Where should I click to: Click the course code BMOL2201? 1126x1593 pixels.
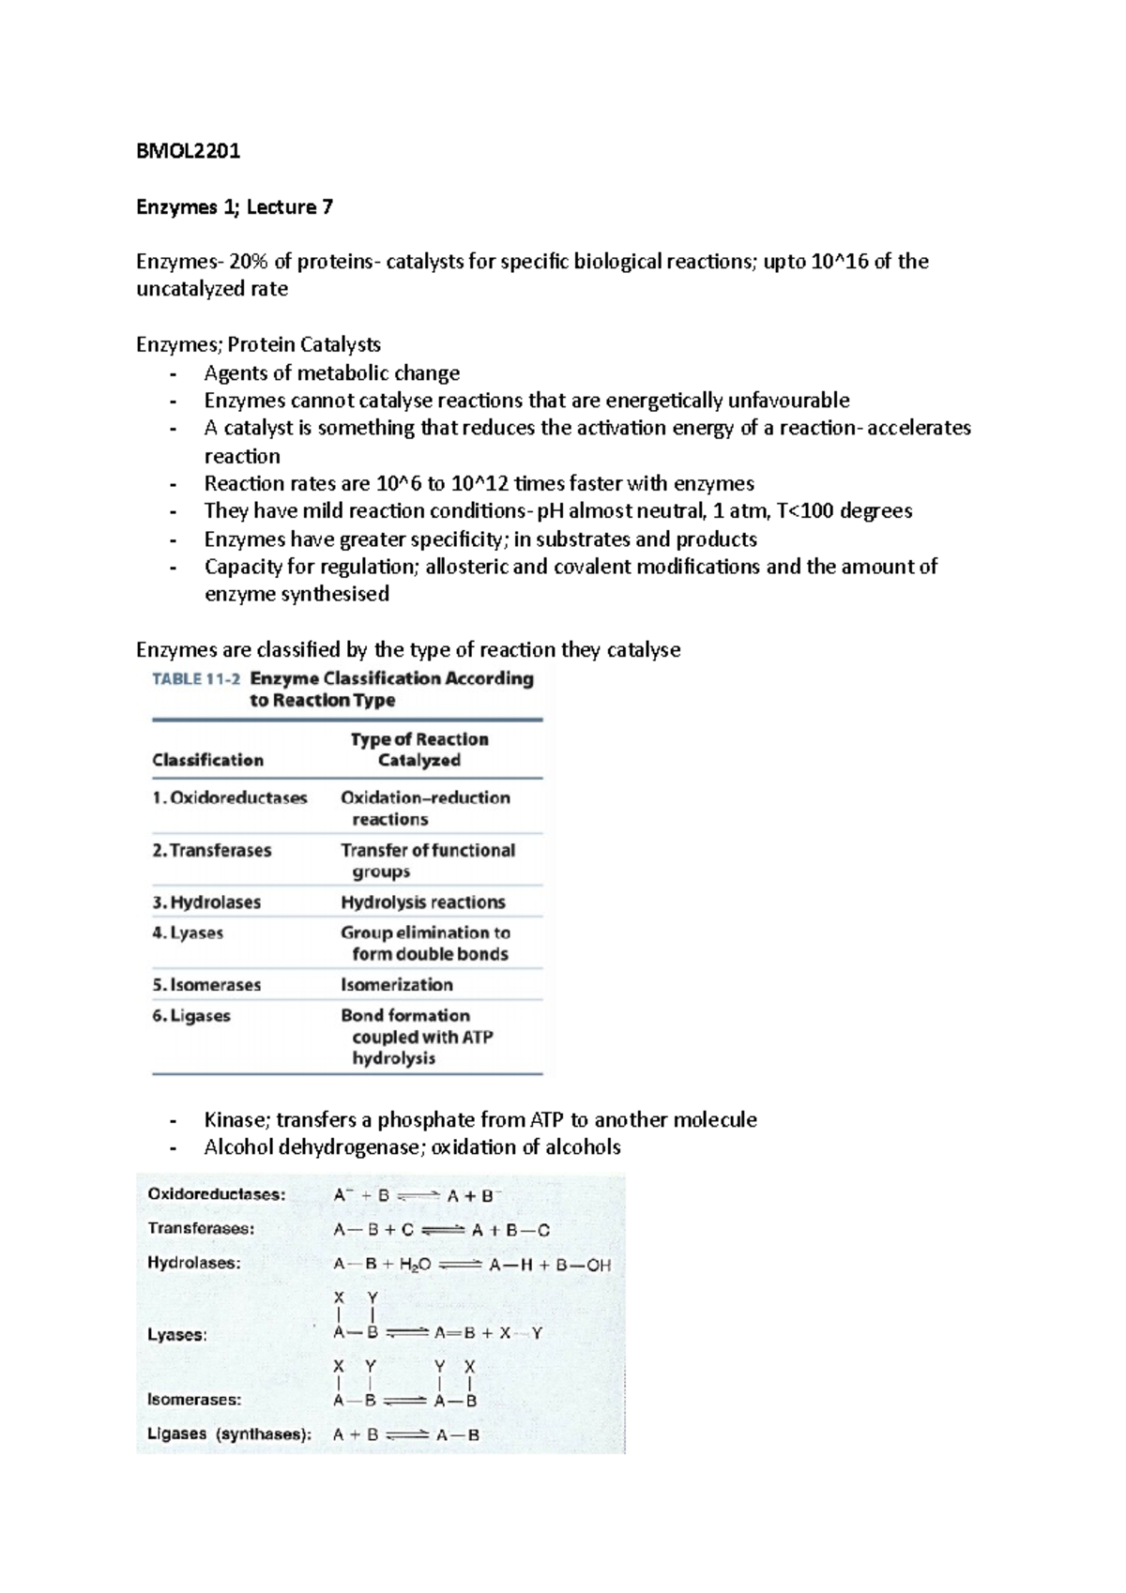tap(188, 151)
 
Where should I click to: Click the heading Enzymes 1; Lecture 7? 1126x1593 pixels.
tap(234, 206)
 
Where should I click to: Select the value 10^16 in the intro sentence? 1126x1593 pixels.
tap(839, 262)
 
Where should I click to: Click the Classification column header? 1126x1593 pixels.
tap(207, 760)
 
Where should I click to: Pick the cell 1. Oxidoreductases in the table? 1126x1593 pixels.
tap(230, 798)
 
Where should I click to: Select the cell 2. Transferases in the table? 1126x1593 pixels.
tap(212, 851)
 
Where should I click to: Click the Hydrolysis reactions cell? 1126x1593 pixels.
tap(422, 903)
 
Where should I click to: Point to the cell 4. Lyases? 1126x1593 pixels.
tap(188, 933)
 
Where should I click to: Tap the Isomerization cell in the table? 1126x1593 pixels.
tap(396, 985)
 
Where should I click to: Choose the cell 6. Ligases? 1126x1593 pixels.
tap(191, 1016)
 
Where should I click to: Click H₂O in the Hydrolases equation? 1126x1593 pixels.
tap(414, 1265)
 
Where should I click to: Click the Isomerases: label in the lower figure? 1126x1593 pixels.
tap(194, 1400)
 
